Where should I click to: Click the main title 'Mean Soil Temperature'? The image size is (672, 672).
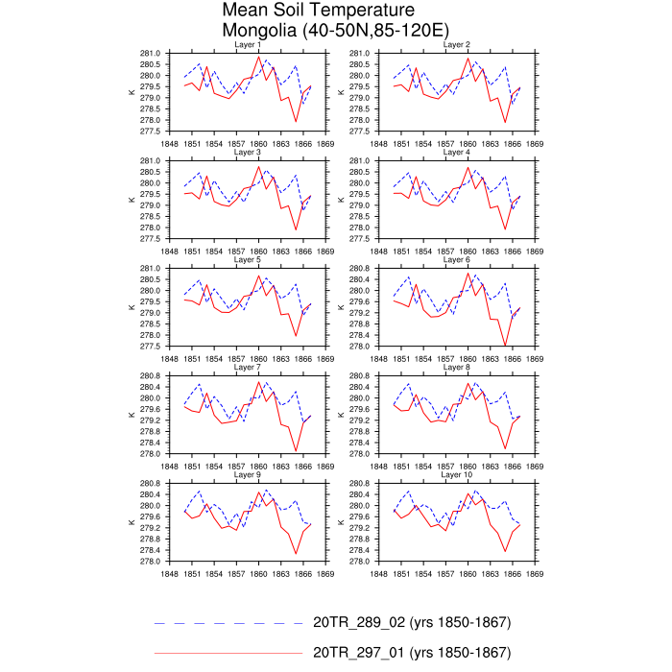pos(305,12)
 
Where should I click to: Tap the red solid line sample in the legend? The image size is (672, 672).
pos(228,653)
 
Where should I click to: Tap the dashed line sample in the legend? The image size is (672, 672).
pos(228,622)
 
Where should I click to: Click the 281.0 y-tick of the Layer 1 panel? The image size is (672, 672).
pos(151,53)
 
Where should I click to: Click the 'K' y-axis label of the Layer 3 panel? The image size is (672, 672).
pos(132,200)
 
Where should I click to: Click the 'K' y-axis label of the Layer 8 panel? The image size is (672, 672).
pos(341,415)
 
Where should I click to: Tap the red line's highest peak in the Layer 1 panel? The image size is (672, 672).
pos(259,58)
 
